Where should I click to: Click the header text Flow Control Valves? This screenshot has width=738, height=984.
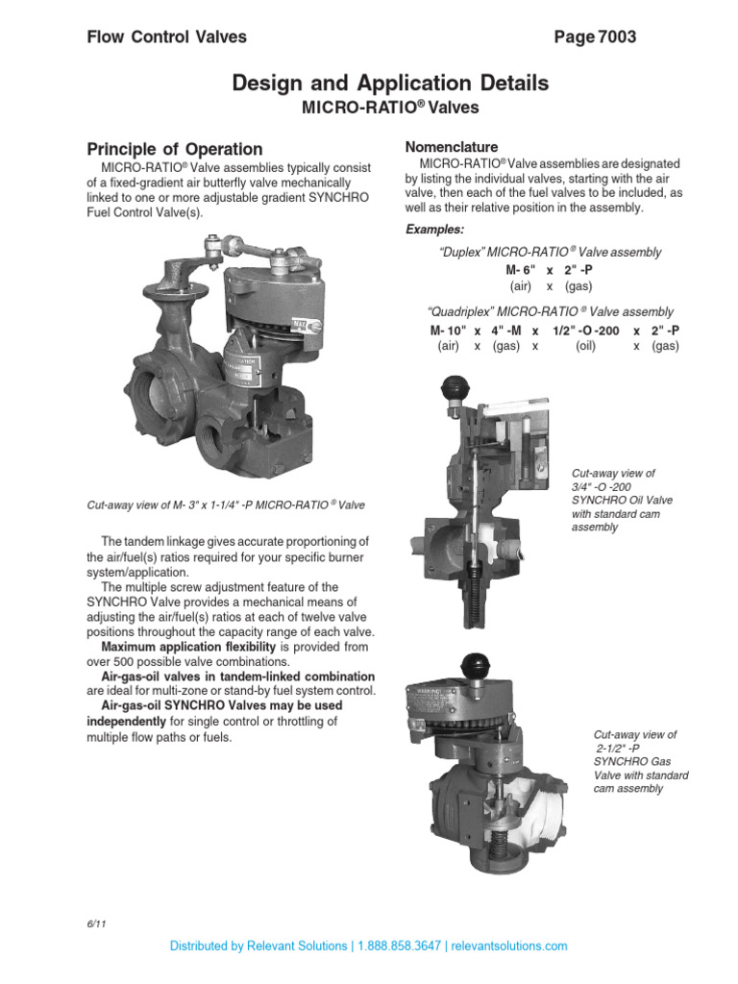(166, 37)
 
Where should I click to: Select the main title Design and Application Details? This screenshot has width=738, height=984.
(390, 84)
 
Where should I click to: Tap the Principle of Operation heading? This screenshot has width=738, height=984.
(174, 149)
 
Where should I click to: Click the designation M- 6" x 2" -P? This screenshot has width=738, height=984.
(551, 270)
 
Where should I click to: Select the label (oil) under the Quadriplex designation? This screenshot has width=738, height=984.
(586, 346)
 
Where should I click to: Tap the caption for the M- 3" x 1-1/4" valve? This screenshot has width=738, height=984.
(226, 504)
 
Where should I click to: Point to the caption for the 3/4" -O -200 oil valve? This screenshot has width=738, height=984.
(613, 501)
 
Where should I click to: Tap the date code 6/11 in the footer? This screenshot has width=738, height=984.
(95, 924)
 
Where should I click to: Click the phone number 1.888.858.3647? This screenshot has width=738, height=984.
(399, 946)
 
